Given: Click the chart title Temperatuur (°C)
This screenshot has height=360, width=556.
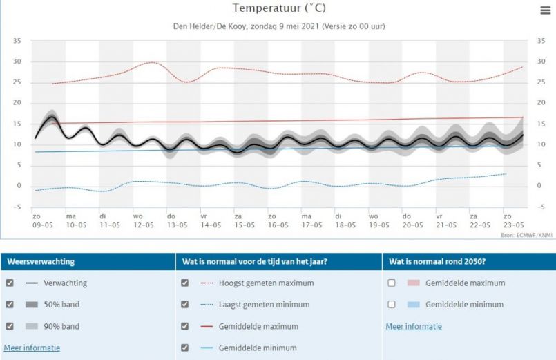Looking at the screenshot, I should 279,8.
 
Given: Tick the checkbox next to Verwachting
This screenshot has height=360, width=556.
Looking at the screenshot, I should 10,283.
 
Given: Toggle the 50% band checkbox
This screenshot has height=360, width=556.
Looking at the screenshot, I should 10,304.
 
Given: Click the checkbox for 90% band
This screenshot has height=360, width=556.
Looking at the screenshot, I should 10,326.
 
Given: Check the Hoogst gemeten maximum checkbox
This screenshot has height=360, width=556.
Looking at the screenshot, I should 184,283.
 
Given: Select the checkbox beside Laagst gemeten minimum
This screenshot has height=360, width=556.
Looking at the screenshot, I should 184,304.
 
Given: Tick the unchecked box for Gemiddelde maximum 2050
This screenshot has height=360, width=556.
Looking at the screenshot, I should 392,283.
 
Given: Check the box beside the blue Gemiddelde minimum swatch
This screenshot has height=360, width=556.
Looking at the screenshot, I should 392,304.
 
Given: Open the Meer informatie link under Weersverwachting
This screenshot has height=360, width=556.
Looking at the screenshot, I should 32,348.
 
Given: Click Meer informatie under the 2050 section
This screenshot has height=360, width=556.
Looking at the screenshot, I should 413,326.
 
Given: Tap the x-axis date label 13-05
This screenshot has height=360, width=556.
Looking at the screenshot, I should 178,225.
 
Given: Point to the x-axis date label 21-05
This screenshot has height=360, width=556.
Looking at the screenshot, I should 445,225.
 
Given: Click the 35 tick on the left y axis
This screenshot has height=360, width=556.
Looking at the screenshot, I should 17,41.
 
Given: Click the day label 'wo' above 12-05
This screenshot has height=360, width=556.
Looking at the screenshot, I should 138,216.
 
